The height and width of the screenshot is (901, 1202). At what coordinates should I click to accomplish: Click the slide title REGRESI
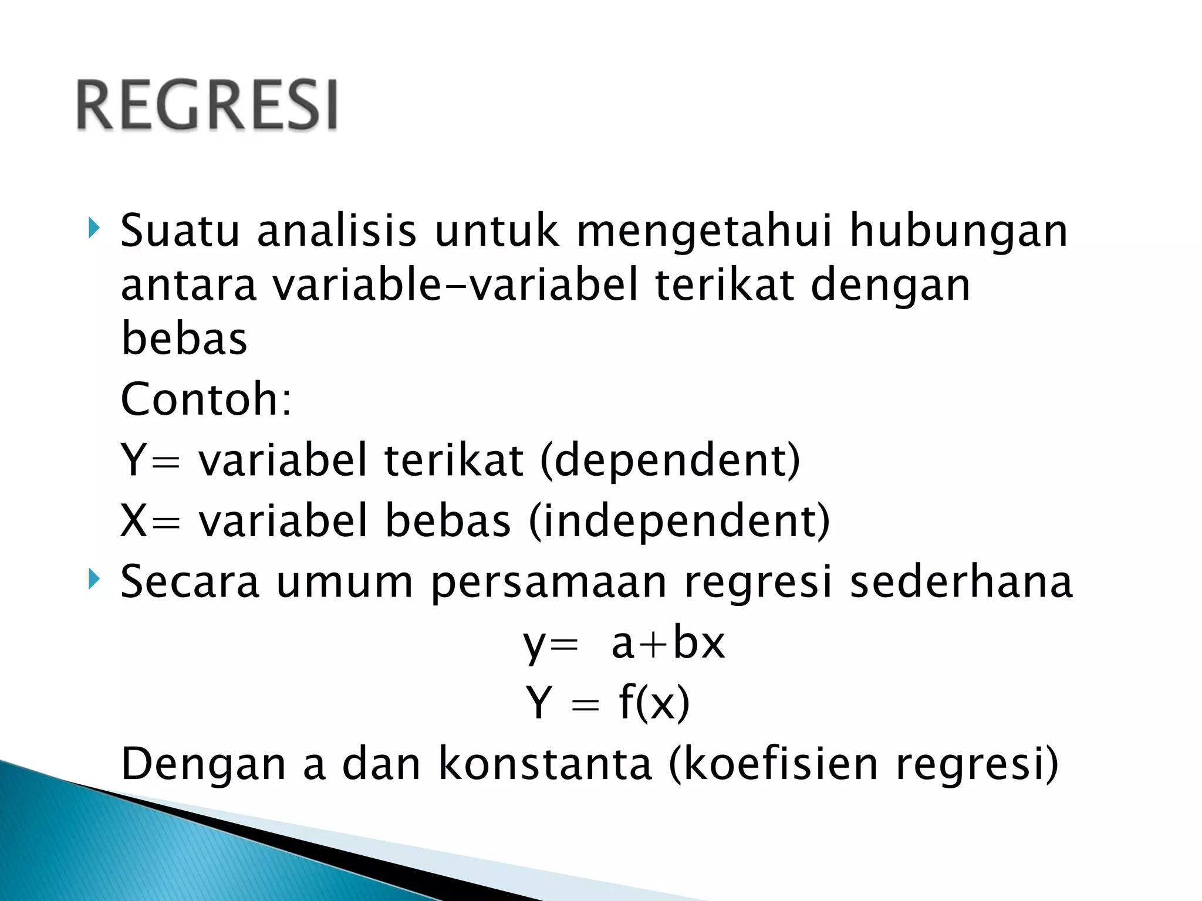[207, 105]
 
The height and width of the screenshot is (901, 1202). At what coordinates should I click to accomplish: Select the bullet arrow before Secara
[94, 580]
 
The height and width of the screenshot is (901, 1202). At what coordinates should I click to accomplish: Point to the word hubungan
[958, 232]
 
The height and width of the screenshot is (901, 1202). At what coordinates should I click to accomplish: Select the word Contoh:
[205, 399]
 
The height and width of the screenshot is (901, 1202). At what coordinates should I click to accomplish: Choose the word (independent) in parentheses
[679, 521]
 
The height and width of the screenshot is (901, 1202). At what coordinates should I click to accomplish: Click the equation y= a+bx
[624, 643]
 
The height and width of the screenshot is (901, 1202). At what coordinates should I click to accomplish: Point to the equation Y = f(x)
[607, 702]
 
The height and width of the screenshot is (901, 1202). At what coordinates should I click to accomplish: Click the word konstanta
[545, 764]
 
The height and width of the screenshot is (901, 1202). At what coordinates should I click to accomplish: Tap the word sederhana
[961, 582]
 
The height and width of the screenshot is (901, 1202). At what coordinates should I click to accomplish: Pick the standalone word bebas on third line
[184, 338]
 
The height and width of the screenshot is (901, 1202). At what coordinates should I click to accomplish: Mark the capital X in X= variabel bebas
[133, 520]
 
